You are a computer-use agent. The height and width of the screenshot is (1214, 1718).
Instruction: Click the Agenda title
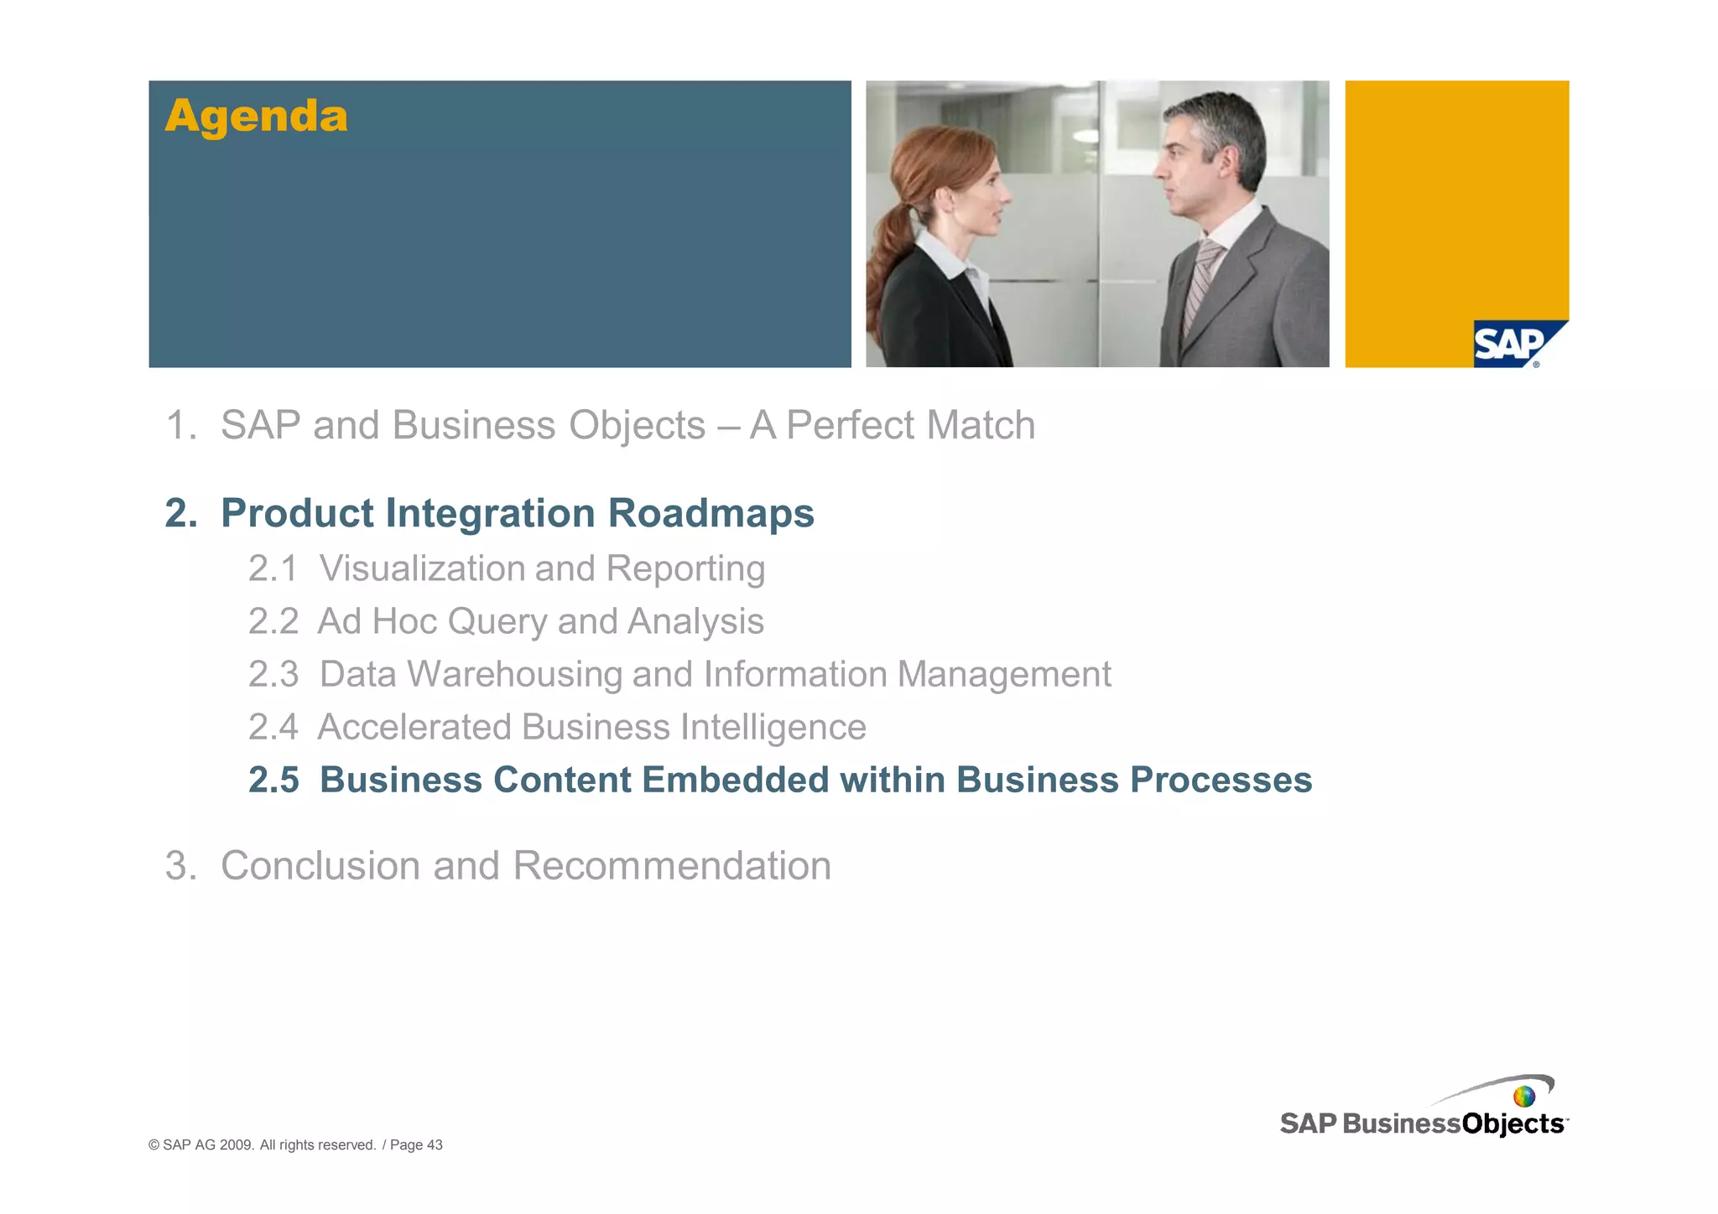click(x=256, y=116)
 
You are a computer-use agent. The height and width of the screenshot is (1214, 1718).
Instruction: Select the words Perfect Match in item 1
click(x=910, y=425)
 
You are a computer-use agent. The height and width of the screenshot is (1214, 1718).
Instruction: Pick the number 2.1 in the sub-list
click(x=273, y=568)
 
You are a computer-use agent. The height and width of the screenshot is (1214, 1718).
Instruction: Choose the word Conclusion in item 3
click(x=319, y=865)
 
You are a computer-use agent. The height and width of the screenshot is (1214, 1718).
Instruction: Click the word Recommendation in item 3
click(x=671, y=865)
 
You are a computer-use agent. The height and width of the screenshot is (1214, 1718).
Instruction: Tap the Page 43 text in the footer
click(x=416, y=1145)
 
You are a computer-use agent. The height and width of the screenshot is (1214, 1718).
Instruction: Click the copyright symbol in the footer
click(x=154, y=1145)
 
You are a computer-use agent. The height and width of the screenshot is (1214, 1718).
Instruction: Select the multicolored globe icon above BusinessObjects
click(x=1524, y=1097)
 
